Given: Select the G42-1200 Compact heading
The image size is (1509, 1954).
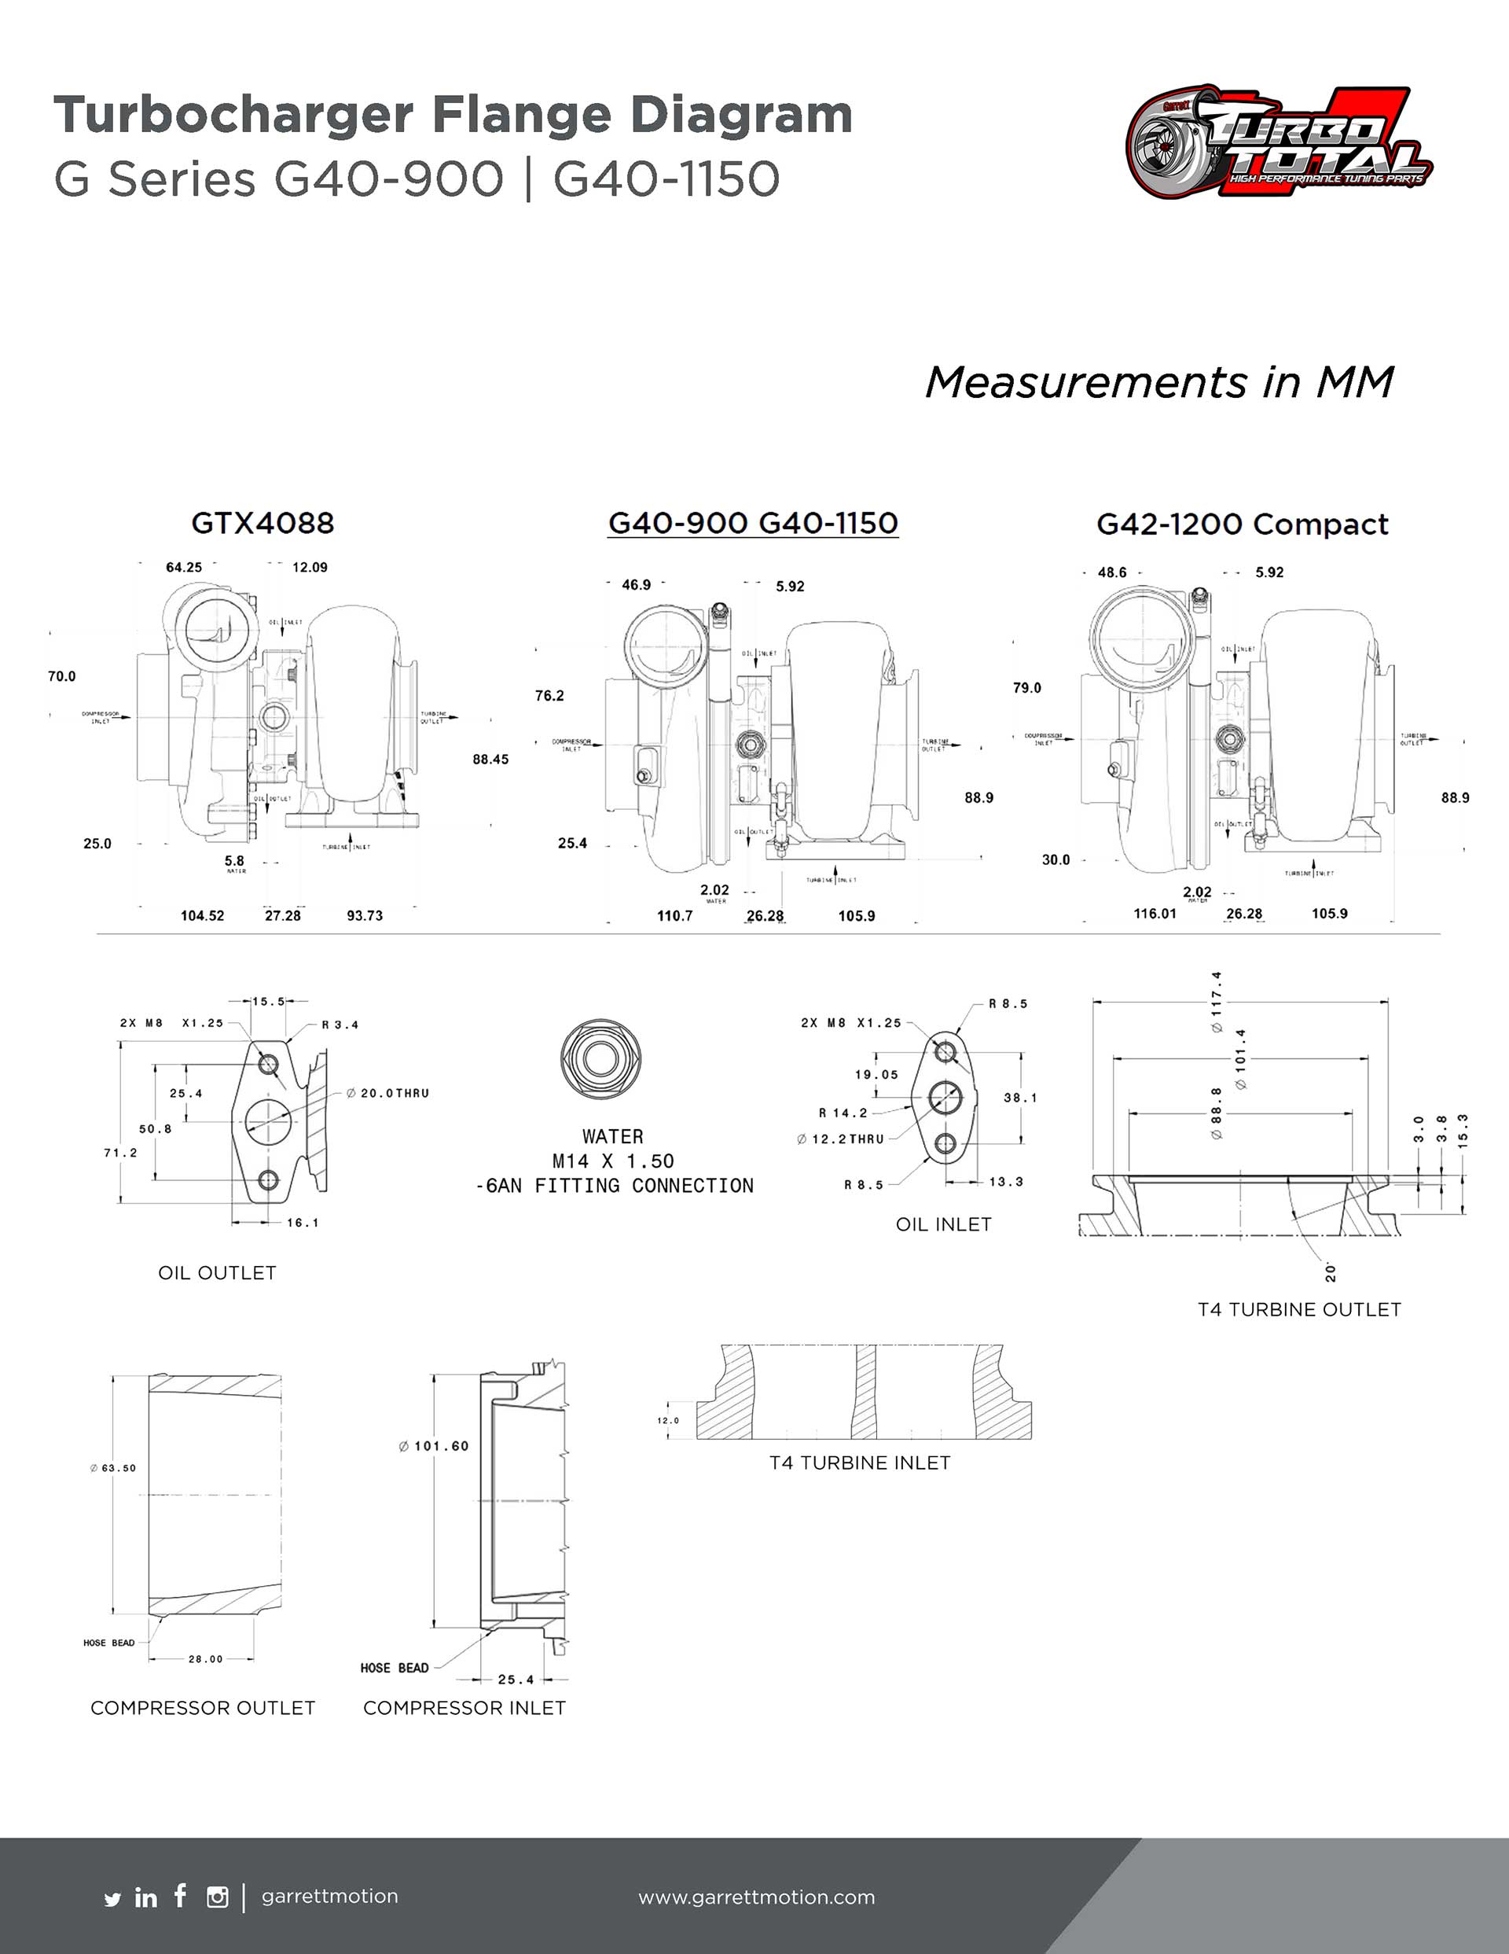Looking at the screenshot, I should (x=1243, y=524).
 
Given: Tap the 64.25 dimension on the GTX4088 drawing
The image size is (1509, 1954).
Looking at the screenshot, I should (x=183, y=567).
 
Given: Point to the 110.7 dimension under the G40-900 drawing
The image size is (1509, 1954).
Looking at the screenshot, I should (x=674, y=915).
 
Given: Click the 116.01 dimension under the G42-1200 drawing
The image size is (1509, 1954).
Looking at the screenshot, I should (x=1155, y=914).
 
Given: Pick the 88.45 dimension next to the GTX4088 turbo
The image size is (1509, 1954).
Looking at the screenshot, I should (x=490, y=760).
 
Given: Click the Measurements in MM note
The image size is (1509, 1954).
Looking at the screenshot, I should (x=1159, y=383).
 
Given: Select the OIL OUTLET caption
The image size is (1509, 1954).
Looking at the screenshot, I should (x=218, y=1272).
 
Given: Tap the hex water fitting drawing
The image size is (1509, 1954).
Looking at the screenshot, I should (x=600, y=1058).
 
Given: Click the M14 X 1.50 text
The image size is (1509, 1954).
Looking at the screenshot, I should (x=613, y=1161).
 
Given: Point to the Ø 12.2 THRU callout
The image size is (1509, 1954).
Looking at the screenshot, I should (x=841, y=1139).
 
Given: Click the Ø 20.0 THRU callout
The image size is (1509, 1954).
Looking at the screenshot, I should (x=388, y=1093).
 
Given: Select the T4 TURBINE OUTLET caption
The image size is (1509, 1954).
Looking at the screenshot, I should (x=1299, y=1309).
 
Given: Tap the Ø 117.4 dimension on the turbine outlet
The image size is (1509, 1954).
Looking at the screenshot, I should (x=1217, y=1002).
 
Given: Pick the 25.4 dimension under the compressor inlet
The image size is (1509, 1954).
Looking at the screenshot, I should (x=516, y=1680).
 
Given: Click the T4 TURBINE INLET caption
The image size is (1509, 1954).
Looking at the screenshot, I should (x=860, y=1463).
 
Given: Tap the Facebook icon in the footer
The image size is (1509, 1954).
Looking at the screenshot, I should (x=181, y=1894).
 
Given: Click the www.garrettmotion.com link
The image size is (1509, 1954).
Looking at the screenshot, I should (x=757, y=1897).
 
